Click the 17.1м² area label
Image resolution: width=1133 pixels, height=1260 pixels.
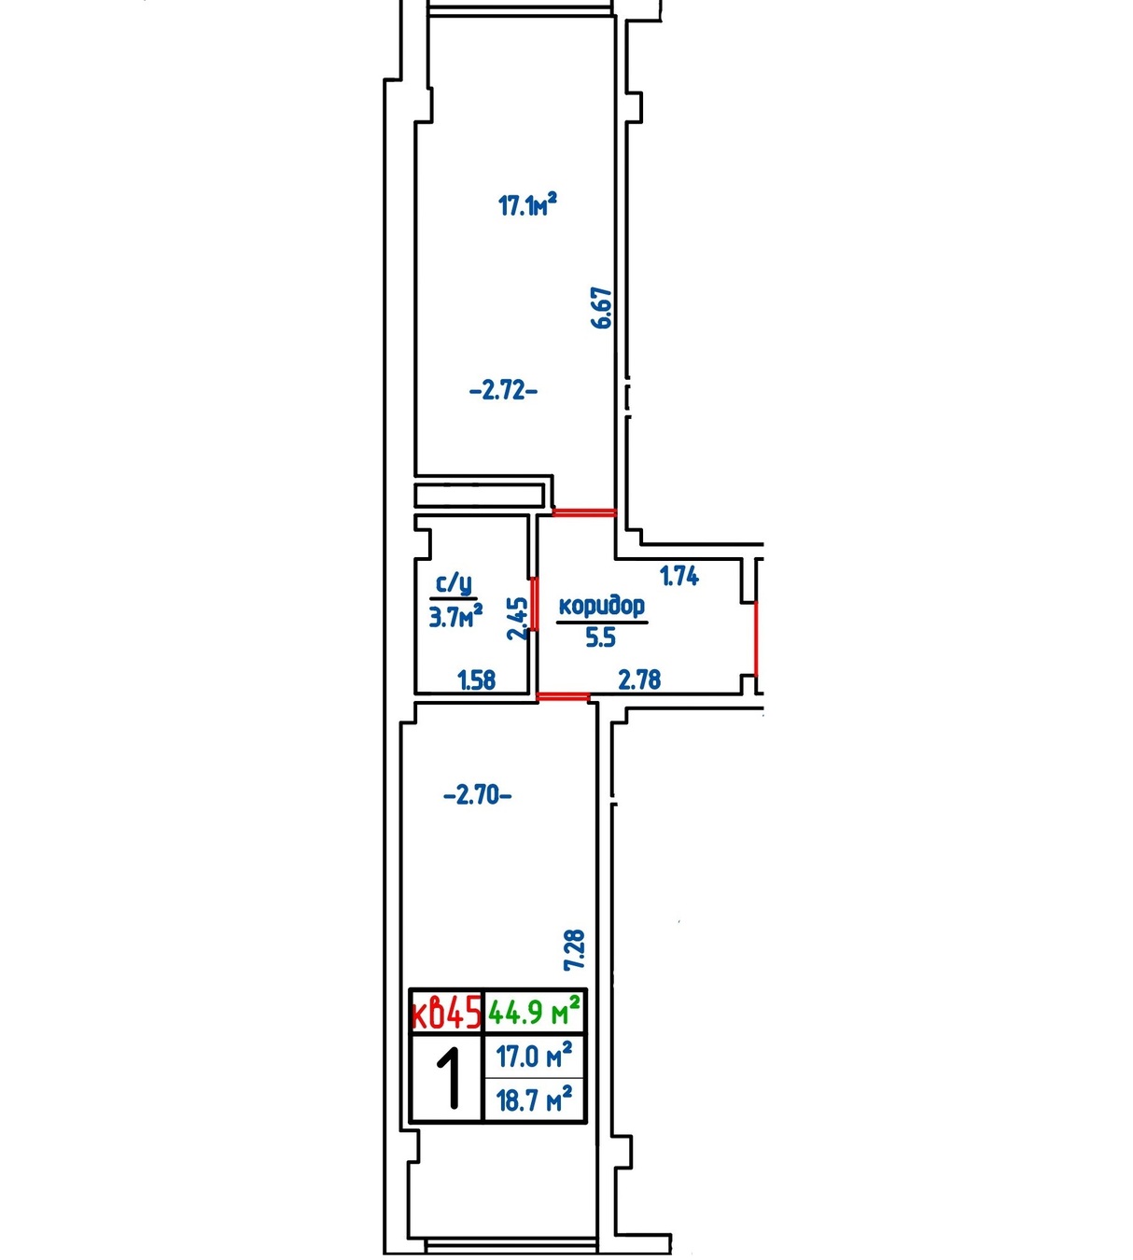(527, 204)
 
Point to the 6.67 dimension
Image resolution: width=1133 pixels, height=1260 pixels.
(601, 308)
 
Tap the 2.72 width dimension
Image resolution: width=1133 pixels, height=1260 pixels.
(503, 391)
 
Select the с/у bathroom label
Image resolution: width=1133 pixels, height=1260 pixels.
(454, 585)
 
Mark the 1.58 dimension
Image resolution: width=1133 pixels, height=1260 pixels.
(477, 679)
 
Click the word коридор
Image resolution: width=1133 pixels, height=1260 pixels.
(601, 606)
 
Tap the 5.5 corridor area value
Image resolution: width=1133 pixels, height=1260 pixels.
(600, 638)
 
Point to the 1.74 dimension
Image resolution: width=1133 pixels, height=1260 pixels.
(679, 576)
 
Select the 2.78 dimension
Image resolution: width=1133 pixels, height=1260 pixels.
(639, 679)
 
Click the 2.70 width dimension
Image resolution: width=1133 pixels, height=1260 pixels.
(477, 796)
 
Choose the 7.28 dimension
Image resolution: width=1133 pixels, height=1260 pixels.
(575, 950)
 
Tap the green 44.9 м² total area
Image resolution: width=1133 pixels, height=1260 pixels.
(534, 1012)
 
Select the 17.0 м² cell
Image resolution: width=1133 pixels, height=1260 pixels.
(534, 1056)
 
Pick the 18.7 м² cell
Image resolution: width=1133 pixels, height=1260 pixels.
(534, 1099)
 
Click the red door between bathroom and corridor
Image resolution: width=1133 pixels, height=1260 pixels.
(535, 604)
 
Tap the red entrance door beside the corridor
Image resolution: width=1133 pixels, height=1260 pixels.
(756, 638)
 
